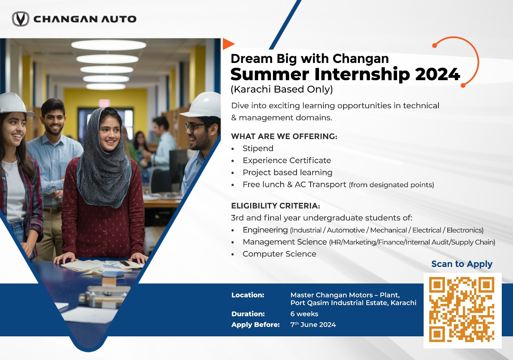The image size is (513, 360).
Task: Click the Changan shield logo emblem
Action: tap(20, 19)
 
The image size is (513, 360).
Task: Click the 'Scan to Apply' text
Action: tap(462, 264)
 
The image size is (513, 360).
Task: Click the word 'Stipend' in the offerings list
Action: tap(258, 148)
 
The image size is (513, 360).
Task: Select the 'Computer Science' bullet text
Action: tap(279, 254)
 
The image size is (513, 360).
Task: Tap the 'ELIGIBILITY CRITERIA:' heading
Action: tap(275, 206)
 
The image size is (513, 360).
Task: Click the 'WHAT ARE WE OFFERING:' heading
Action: tap(284, 136)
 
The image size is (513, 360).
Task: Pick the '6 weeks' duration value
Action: tap(304, 314)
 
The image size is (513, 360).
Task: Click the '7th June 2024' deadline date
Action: tap(313, 324)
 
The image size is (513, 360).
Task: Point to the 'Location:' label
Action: tap(248, 295)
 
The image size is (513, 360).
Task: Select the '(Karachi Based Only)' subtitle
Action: tap(282, 89)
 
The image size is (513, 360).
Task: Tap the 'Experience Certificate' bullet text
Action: tap(287, 160)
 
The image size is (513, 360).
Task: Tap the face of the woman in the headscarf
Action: tap(109, 135)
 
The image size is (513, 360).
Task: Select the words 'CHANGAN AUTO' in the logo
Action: tap(85, 19)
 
